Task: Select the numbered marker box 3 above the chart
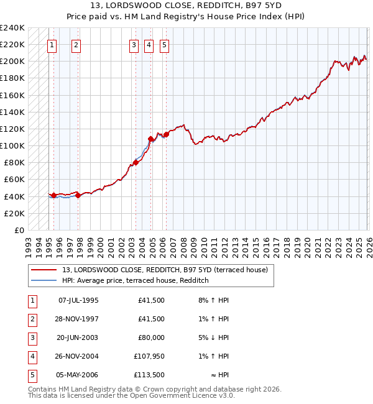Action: click(134, 44)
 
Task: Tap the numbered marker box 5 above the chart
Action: click(164, 44)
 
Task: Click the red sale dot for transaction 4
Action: click(150, 139)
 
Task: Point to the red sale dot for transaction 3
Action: click(136, 162)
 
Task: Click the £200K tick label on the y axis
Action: click(12, 62)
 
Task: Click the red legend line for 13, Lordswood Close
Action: click(44, 270)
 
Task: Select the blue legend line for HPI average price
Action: click(44, 280)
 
